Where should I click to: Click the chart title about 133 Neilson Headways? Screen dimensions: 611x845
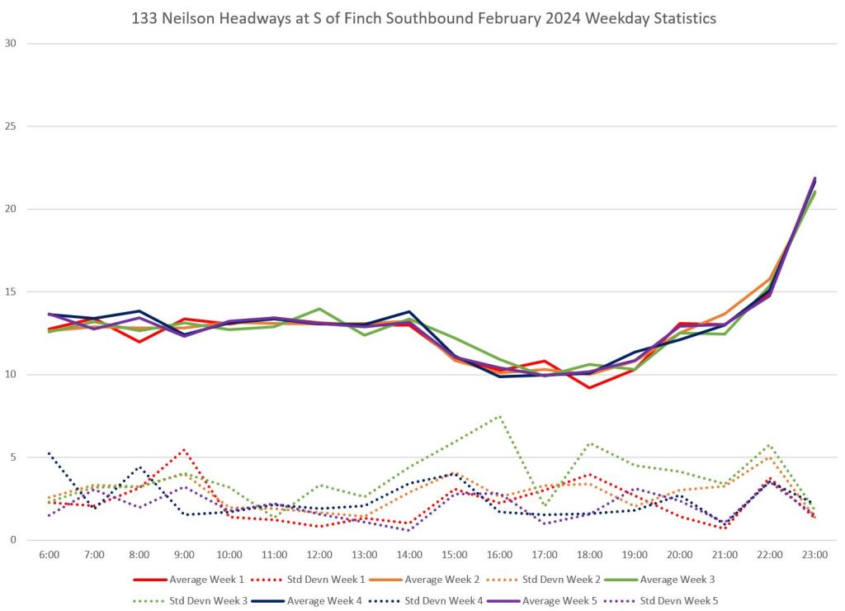[423, 17]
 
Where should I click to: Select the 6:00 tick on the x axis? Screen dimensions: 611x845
[49, 555]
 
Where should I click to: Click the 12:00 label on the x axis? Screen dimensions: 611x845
[319, 555]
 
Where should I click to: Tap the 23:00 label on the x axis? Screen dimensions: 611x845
[814, 555]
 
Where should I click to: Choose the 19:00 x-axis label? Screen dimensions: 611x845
[635, 555]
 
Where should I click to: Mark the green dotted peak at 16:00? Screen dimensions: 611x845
[499, 416]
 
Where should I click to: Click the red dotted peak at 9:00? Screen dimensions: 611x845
[184, 450]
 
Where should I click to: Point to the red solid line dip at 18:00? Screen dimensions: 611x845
[589, 387]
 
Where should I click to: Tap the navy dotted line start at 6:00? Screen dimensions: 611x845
[50, 452]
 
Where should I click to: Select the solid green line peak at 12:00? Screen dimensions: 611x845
[319, 309]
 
